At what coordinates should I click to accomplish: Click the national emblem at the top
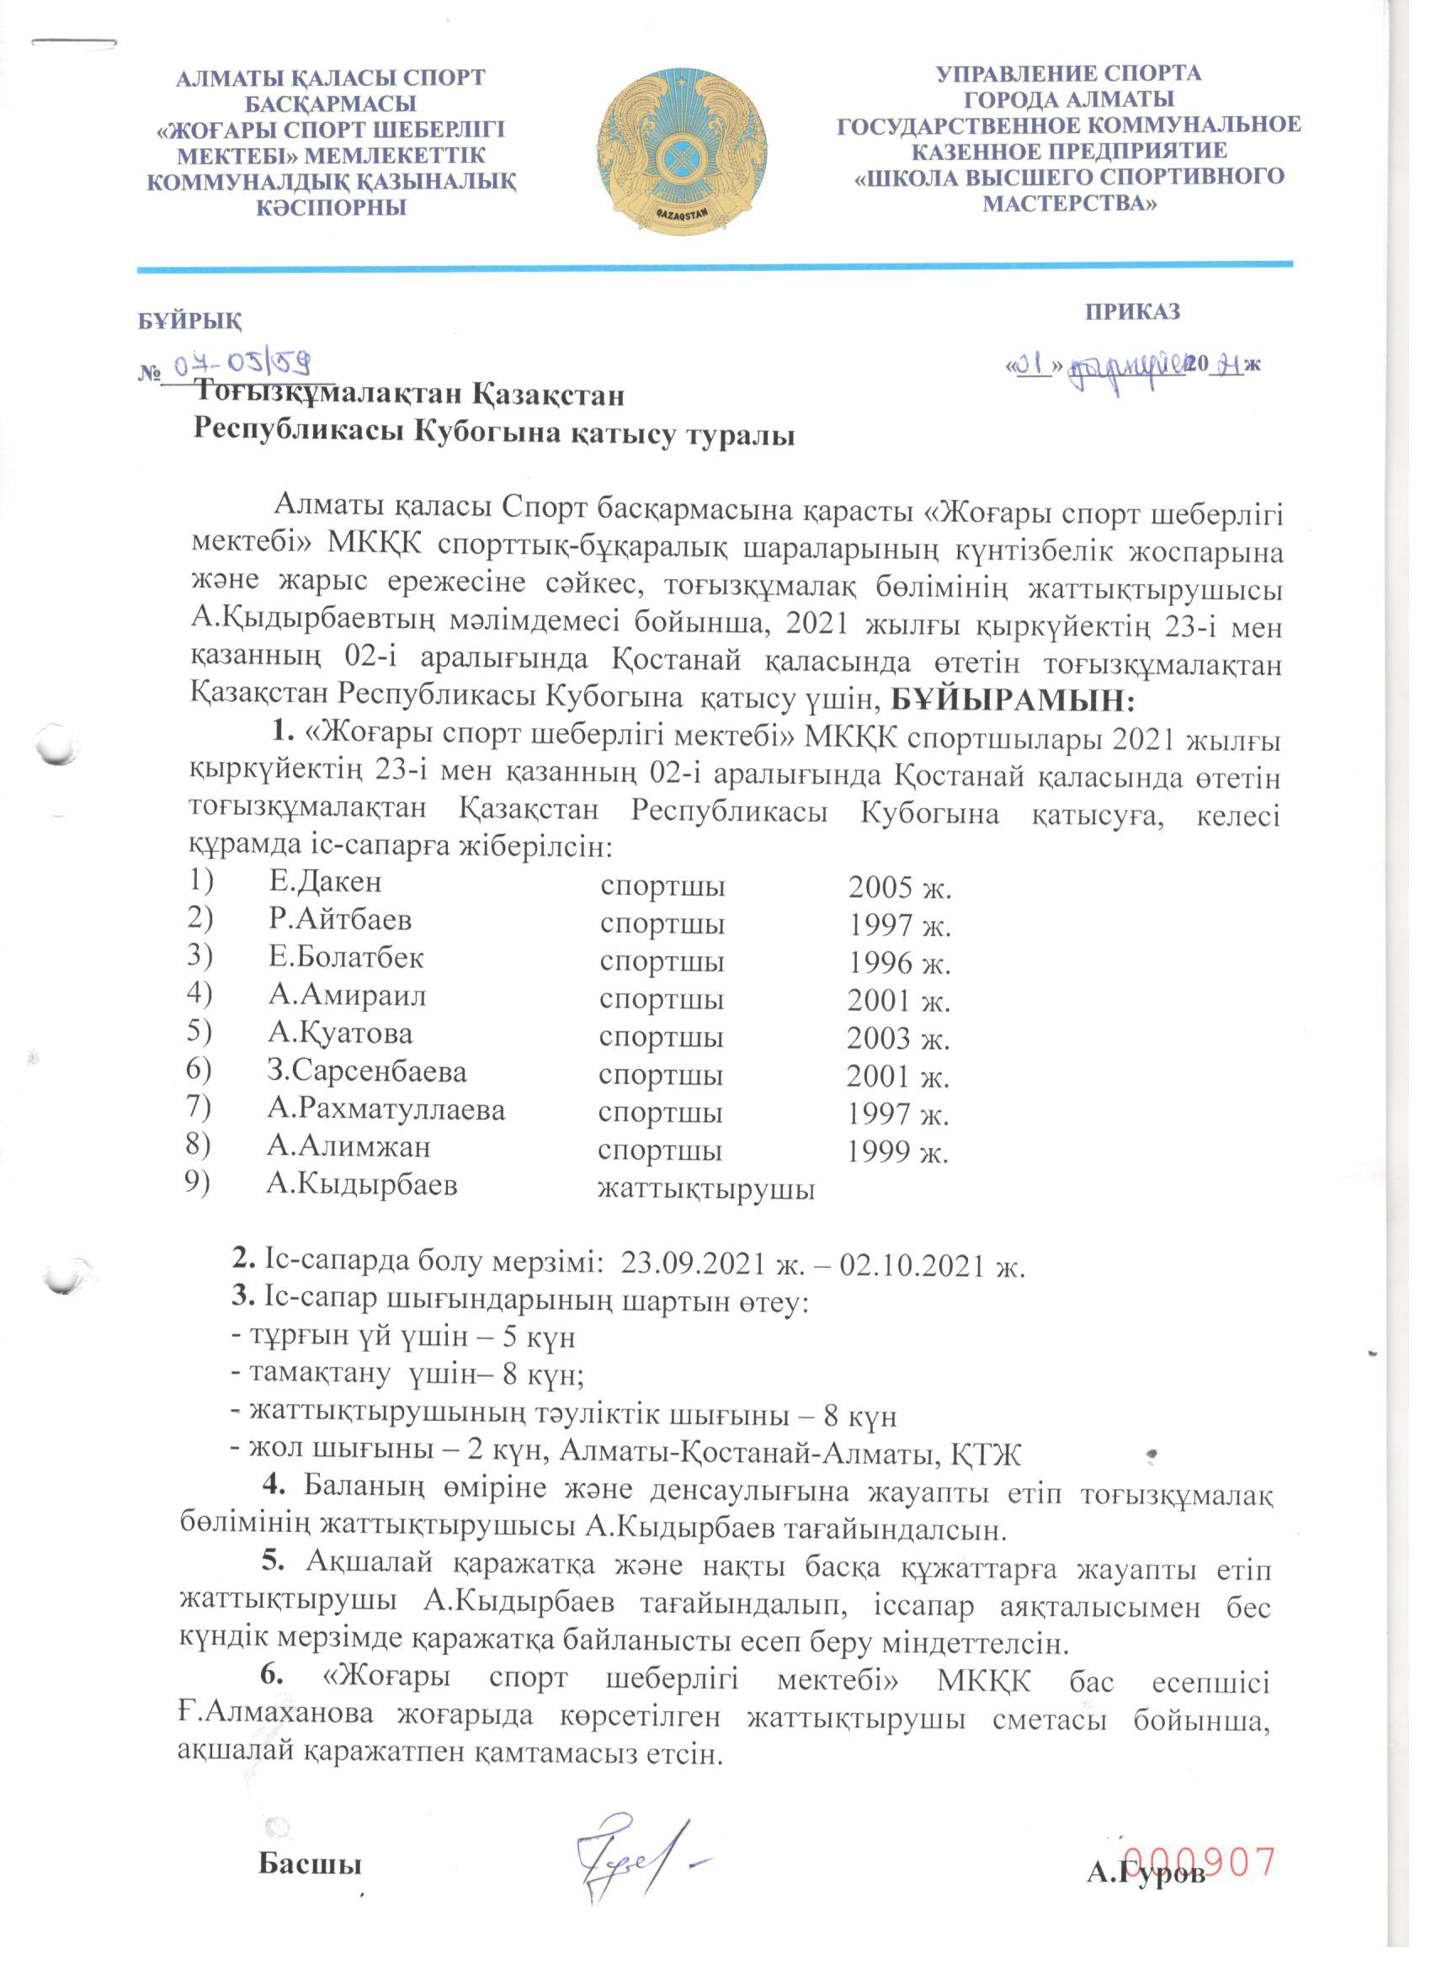(x=682, y=150)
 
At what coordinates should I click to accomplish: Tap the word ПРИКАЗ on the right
(x=1132, y=312)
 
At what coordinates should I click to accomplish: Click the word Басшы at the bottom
(x=309, y=1864)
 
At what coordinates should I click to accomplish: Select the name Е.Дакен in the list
(x=325, y=882)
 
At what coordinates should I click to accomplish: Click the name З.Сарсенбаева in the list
(x=366, y=1072)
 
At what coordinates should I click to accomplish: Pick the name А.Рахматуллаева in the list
(x=386, y=1109)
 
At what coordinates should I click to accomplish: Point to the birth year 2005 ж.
(x=900, y=887)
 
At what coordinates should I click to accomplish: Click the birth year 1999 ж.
(x=897, y=1152)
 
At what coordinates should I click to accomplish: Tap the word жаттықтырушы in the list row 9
(x=705, y=1189)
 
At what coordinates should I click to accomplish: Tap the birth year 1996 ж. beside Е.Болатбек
(x=899, y=963)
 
